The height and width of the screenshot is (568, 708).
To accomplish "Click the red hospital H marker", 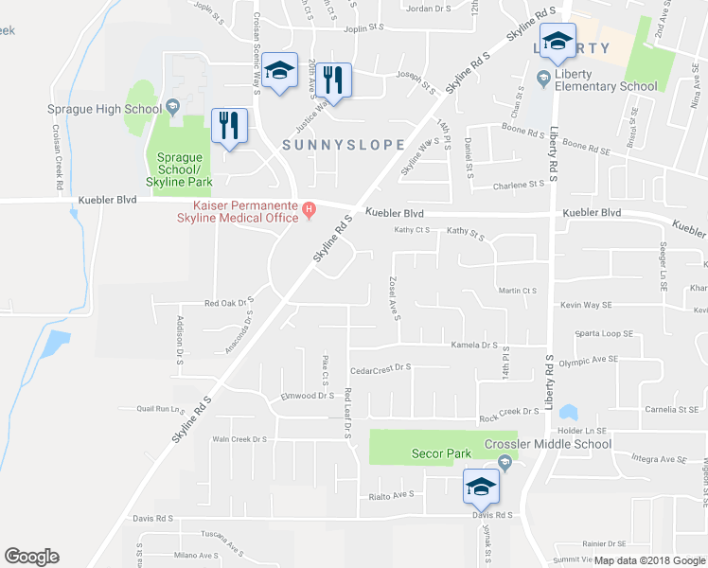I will [x=307, y=207].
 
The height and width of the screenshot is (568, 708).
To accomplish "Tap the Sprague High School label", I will [x=104, y=109].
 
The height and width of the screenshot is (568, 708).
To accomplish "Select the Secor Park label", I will [x=441, y=453].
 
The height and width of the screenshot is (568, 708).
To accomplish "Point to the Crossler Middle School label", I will [x=547, y=444].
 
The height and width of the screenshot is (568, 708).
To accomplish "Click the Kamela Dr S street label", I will [x=474, y=346].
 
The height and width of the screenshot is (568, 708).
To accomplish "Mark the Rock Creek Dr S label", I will [x=509, y=412].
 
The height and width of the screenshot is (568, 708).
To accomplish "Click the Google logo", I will [x=31, y=557].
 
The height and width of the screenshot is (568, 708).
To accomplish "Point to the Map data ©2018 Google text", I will [x=648, y=560].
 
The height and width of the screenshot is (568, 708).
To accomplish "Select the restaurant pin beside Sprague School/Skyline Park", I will [x=230, y=126].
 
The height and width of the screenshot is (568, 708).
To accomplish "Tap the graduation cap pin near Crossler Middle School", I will [x=481, y=488].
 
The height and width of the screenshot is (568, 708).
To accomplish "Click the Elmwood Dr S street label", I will [x=308, y=396].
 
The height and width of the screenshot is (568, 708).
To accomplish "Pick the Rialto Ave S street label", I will [x=391, y=494].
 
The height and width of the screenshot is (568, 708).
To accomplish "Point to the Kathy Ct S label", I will [x=412, y=230].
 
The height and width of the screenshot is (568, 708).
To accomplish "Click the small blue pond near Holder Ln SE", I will [x=568, y=413].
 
